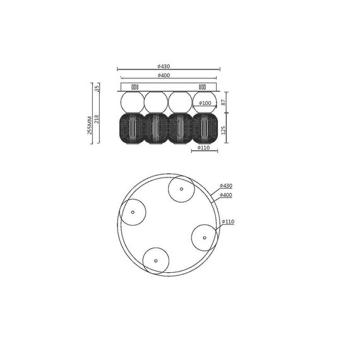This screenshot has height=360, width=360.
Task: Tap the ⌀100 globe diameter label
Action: pyautogui.click(x=205, y=103)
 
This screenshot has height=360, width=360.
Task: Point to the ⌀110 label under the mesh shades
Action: pyautogui.click(x=203, y=148)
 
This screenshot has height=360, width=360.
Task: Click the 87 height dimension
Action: pyautogui.click(x=224, y=102)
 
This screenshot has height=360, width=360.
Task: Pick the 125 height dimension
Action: pyautogui.click(x=224, y=129)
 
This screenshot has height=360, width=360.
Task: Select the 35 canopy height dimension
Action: pyautogui.click(x=97, y=87)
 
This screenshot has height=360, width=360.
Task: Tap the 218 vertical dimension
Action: pyautogui.click(x=97, y=119)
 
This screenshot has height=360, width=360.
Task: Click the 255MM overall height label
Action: pyautogui.click(x=90, y=124)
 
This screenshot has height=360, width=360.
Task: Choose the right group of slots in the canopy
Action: pyautogui.click(x=202, y=87)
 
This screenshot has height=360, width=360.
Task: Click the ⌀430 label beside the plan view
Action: pyautogui.click(x=226, y=186)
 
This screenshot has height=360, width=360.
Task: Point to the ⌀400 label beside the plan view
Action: pyautogui.click(x=226, y=195)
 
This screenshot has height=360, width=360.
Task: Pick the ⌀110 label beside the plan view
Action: pyautogui.click(x=228, y=222)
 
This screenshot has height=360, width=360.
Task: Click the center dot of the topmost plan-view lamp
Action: pyautogui.click(x=181, y=189)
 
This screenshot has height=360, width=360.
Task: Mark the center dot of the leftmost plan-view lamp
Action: pyautogui.click(x=133, y=212)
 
